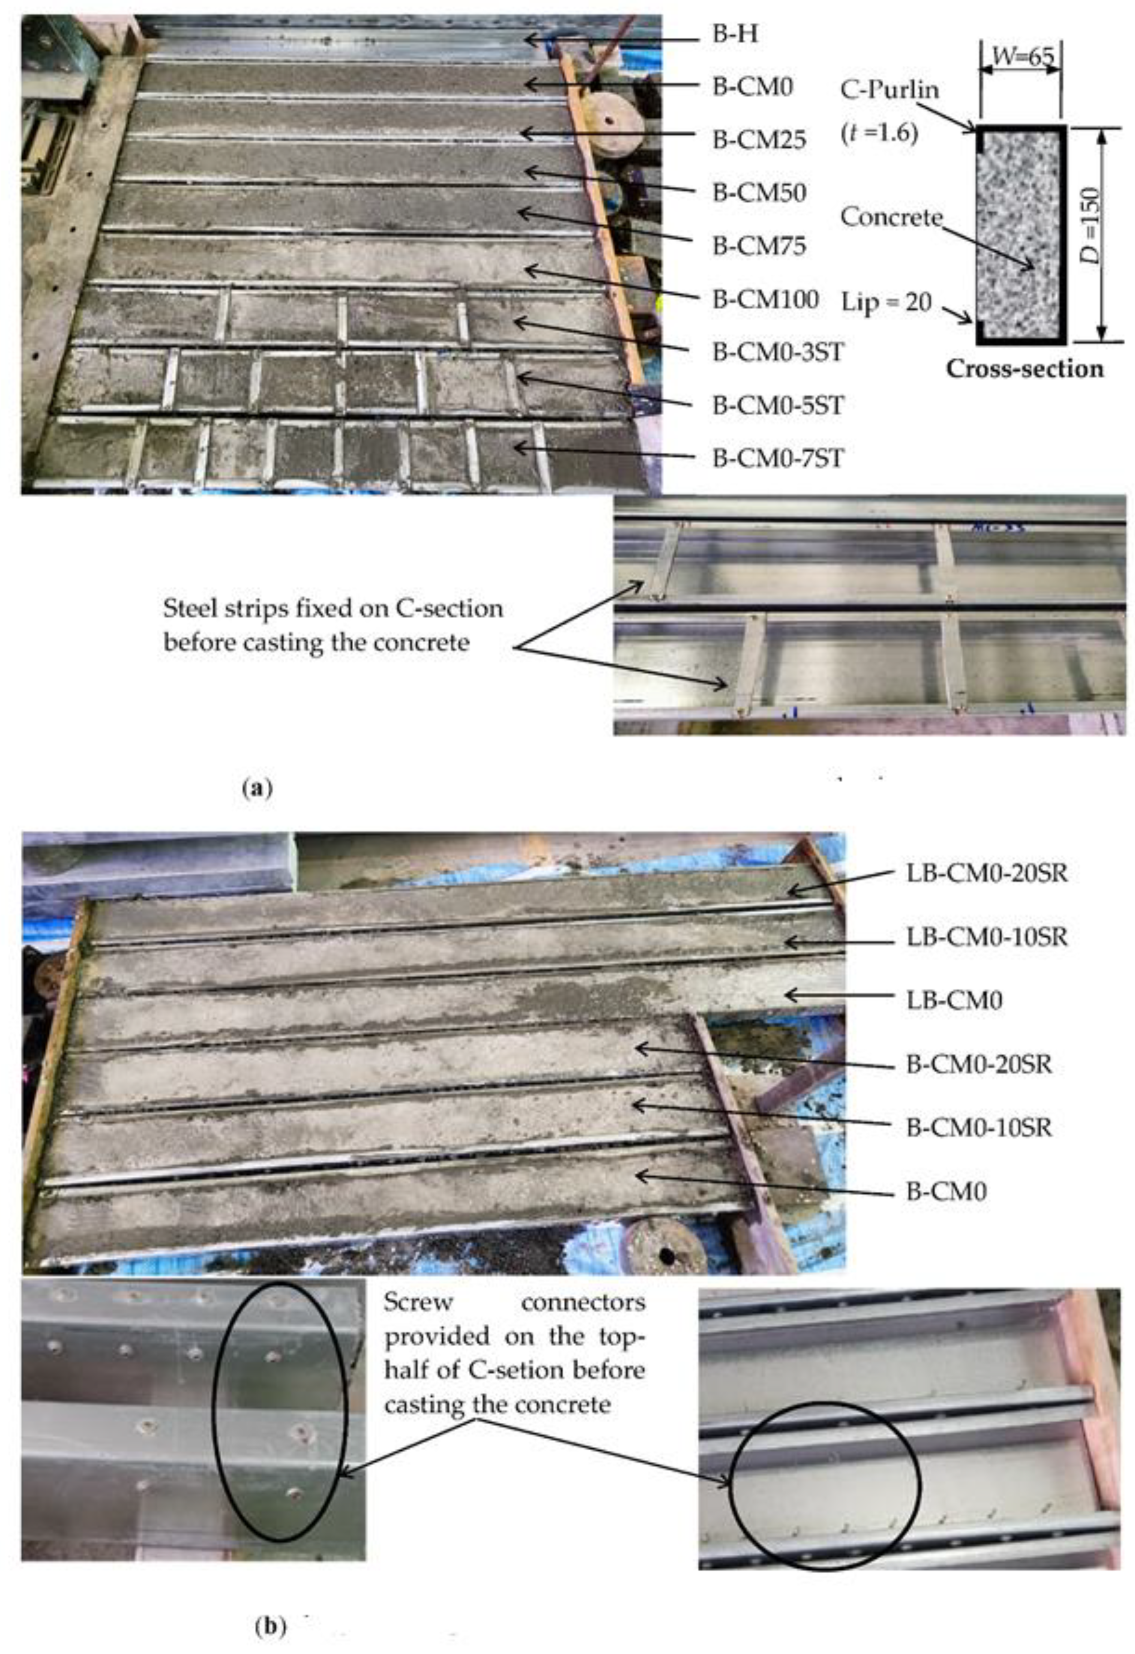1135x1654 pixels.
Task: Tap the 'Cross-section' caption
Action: click(x=1024, y=369)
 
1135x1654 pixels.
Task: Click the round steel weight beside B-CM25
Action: click(x=618, y=121)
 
